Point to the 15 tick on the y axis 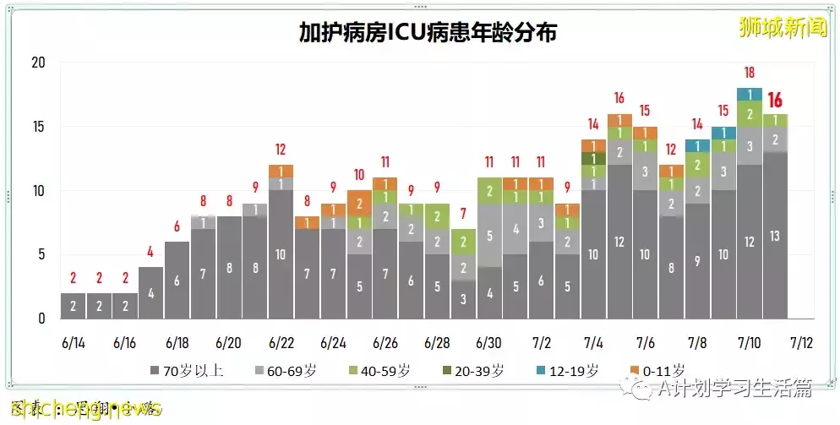(38, 128)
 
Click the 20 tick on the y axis (38, 63)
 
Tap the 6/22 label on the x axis (281, 343)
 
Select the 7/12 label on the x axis (800, 343)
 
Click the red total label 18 (749, 73)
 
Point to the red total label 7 (463, 214)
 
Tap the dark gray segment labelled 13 (775, 236)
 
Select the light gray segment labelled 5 (489, 236)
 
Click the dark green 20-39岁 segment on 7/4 (593, 159)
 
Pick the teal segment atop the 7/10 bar (749, 94)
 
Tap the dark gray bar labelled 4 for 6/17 (150, 293)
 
